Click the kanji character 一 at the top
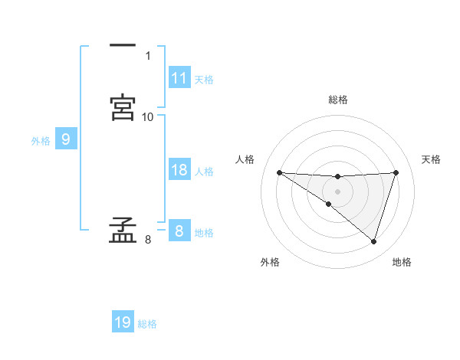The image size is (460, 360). click(123, 47)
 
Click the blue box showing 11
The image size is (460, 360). click(179, 78)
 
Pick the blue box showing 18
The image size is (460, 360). click(179, 170)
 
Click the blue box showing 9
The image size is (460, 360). click(66, 139)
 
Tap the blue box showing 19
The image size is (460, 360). click(123, 322)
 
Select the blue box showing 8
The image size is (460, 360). click(179, 231)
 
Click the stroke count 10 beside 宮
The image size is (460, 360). click(148, 117)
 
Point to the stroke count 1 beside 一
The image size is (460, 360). click(148, 56)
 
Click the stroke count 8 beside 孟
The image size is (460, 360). click(148, 241)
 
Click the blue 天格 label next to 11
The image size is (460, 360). click(204, 80)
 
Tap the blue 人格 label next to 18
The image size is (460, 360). click(204, 172)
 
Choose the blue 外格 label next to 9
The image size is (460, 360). click(41, 141)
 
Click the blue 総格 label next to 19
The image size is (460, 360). click(147, 324)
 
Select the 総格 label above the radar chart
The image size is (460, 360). click(338, 100)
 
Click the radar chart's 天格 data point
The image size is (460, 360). click(396, 173)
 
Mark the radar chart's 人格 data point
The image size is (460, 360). click(279, 172)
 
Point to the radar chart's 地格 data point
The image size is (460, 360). click(374, 242)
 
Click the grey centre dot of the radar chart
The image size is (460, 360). click(337, 191)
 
